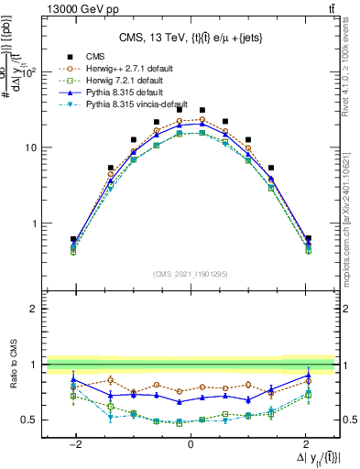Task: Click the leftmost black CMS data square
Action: [73, 239]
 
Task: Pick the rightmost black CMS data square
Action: [308, 238]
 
